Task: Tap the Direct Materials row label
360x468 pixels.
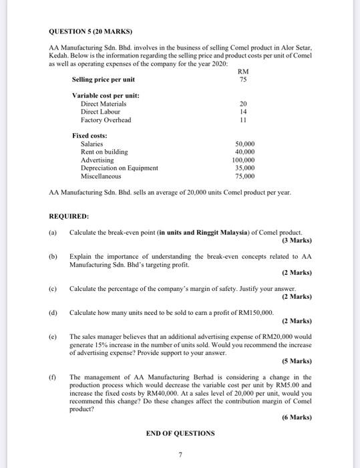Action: [x=104, y=104]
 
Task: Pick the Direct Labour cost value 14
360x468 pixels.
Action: [x=242, y=112]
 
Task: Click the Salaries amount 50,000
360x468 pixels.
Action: [x=245, y=144]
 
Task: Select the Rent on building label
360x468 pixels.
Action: [x=104, y=152]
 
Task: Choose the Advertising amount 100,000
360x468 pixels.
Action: [x=244, y=160]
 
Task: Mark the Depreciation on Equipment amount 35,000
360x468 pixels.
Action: [x=245, y=168]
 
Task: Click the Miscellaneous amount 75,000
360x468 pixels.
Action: [x=245, y=176]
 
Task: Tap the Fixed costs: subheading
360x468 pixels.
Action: [x=89, y=136]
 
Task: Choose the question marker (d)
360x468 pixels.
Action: [x=53, y=312]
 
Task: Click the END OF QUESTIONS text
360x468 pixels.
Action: [x=180, y=433]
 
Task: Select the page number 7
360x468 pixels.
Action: [x=180, y=455]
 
